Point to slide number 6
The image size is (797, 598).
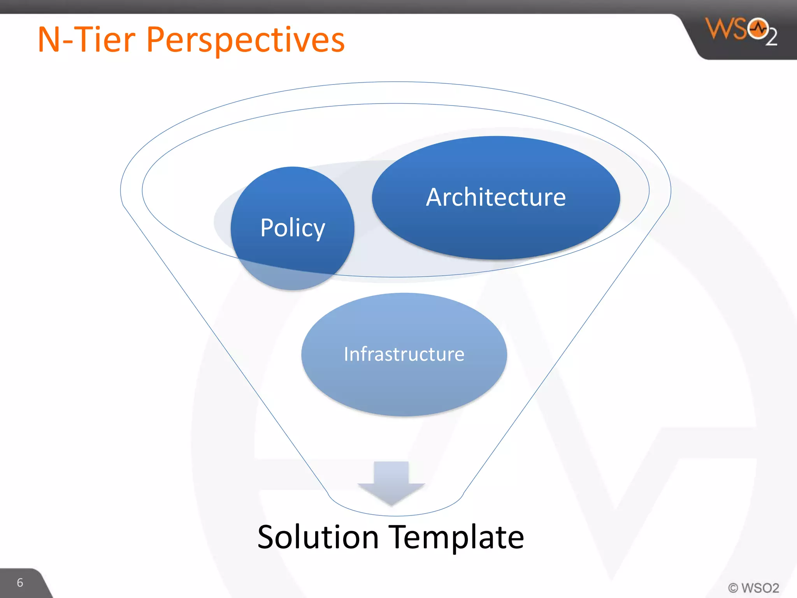pyautogui.click(x=20, y=582)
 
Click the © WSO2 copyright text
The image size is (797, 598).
pyautogui.click(x=753, y=587)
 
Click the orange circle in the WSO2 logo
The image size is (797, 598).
pyautogui.click(x=757, y=28)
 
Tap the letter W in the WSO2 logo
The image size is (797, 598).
pyautogui.click(x=719, y=29)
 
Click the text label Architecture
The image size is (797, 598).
pyautogui.click(x=496, y=197)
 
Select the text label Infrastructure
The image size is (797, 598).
pyautogui.click(x=404, y=354)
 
